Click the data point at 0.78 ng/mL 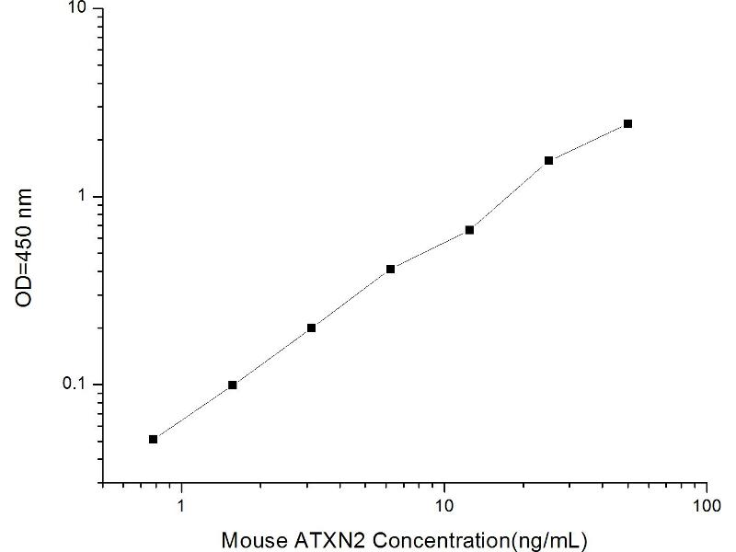(153, 439)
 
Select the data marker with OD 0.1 (232, 385)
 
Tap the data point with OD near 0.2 (311, 328)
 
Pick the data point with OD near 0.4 (390, 269)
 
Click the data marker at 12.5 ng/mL (469, 229)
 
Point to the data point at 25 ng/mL (548, 160)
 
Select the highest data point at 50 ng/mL (627, 123)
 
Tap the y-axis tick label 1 (82, 197)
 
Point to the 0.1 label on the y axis (75, 385)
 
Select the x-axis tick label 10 (444, 504)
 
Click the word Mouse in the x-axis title (251, 537)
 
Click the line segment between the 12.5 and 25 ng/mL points (509, 195)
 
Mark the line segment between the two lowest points (192, 412)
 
